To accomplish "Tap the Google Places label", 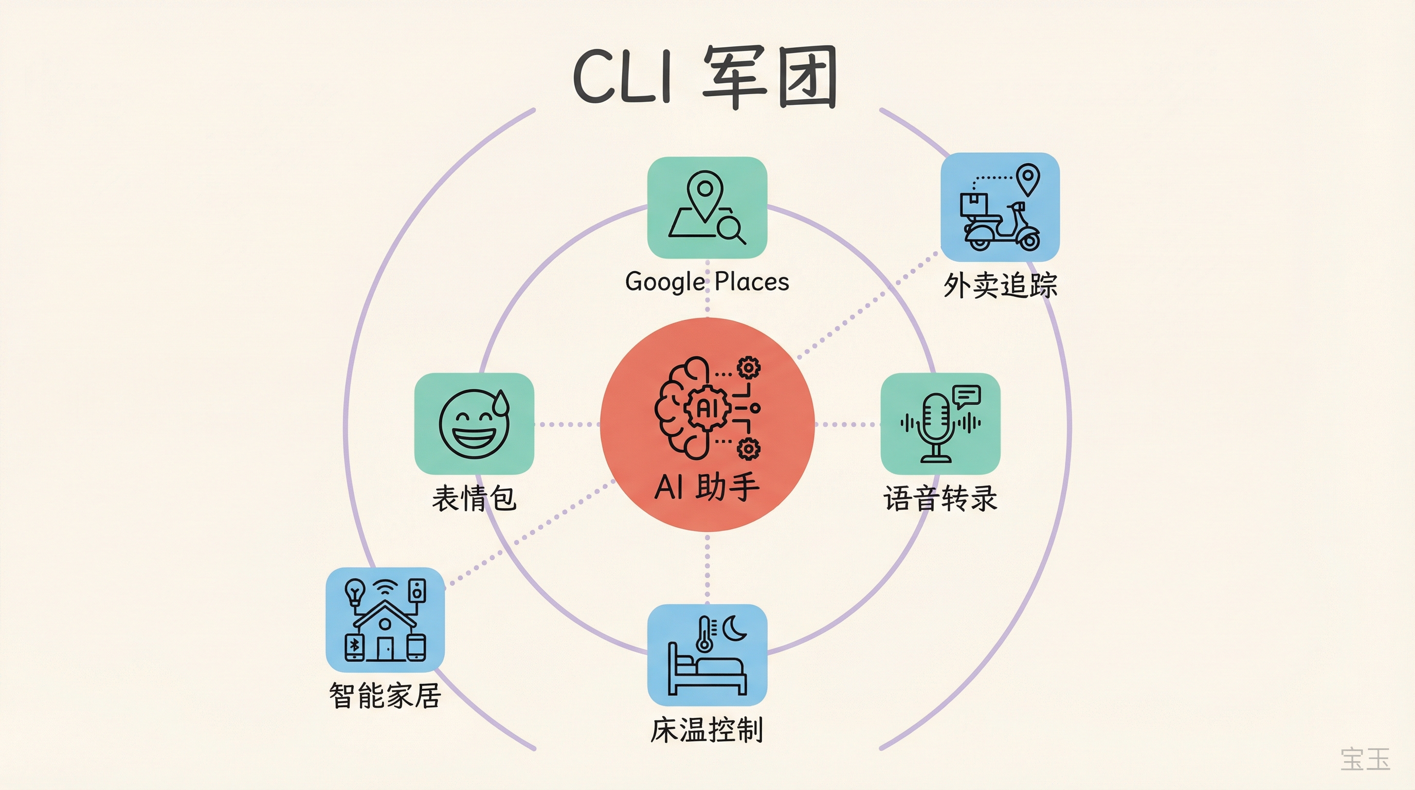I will pos(707,282).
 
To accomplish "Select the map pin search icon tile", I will pos(707,208).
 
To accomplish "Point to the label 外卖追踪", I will pos(1000,285).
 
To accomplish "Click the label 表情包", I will pos(474,498).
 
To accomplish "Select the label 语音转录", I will pos(940,498).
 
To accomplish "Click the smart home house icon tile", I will pos(385,620).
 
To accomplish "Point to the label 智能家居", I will pos(385,695).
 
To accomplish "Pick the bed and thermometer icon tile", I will pos(707,655).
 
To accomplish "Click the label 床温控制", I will pos(707,730).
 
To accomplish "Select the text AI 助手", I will pos(707,487).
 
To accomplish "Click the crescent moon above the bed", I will pos(734,629).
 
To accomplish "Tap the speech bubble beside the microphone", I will pos(967,396).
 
